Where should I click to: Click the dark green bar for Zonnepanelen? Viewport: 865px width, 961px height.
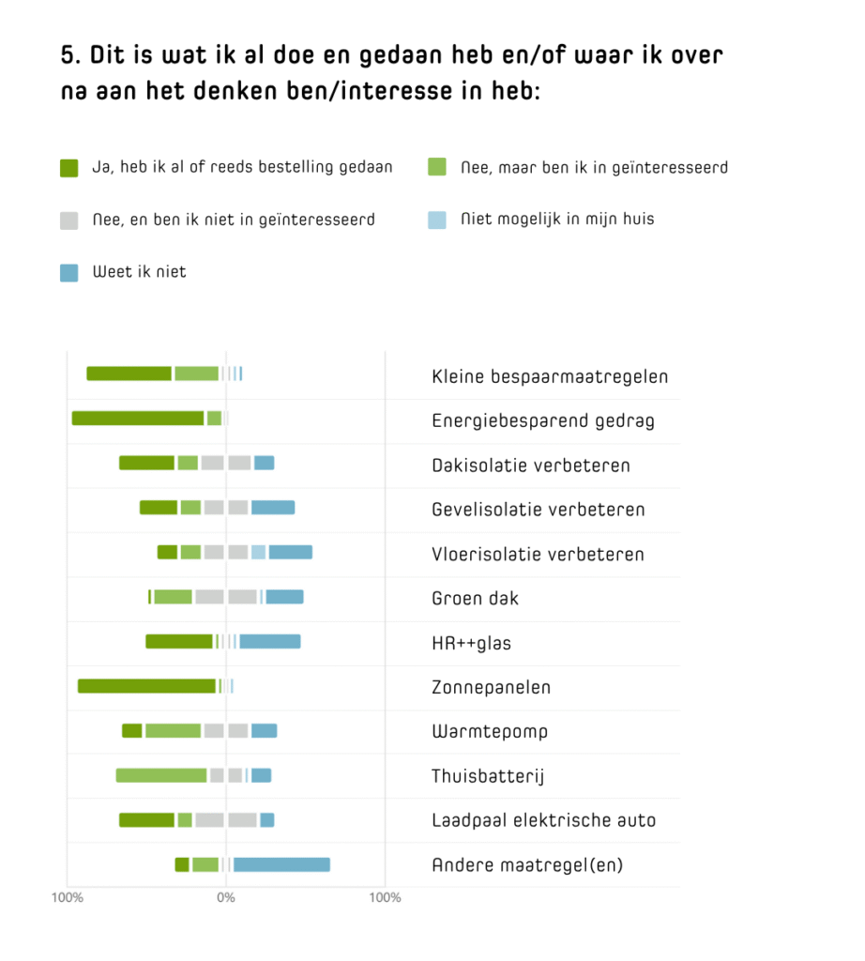click(x=146, y=686)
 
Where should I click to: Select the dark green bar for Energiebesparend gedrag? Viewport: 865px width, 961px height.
click(x=138, y=419)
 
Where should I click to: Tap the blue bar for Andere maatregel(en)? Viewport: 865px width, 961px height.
click(x=281, y=864)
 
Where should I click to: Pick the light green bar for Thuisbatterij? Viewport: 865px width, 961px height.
click(x=161, y=775)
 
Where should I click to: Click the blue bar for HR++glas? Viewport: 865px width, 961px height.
click(x=270, y=642)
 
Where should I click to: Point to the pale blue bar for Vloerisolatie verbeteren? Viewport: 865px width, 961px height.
click(x=258, y=553)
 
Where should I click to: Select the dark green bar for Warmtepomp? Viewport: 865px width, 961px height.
click(x=132, y=731)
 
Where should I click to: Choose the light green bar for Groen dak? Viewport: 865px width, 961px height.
click(x=174, y=597)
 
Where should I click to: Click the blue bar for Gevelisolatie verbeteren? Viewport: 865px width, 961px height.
click(x=273, y=508)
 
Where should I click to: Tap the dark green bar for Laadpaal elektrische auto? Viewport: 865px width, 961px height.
click(x=147, y=820)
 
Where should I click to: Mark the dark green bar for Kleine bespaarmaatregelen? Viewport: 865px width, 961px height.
click(x=129, y=374)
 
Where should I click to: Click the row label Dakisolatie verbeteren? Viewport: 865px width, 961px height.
click(x=531, y=465)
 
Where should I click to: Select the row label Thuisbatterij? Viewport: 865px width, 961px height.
click(x=488, y=776)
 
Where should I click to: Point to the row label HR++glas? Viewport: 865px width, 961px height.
click(x=471, y=643)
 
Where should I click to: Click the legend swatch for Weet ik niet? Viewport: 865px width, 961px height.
click(x=69, y=273)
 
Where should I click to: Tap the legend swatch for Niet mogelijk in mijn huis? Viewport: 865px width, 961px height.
click(x=437, y=221)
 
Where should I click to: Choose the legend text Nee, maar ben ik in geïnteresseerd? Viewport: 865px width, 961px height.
click(x=595, y=168)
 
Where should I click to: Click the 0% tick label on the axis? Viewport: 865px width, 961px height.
click(x=225, y=898)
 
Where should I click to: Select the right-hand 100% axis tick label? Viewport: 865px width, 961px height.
click(x=385, y=898)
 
